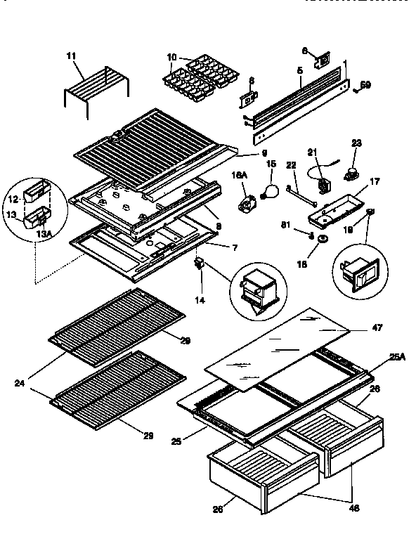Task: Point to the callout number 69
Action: [365, 85]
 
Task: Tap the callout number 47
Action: [378, 327]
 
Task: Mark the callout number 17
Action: [375, 181]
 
